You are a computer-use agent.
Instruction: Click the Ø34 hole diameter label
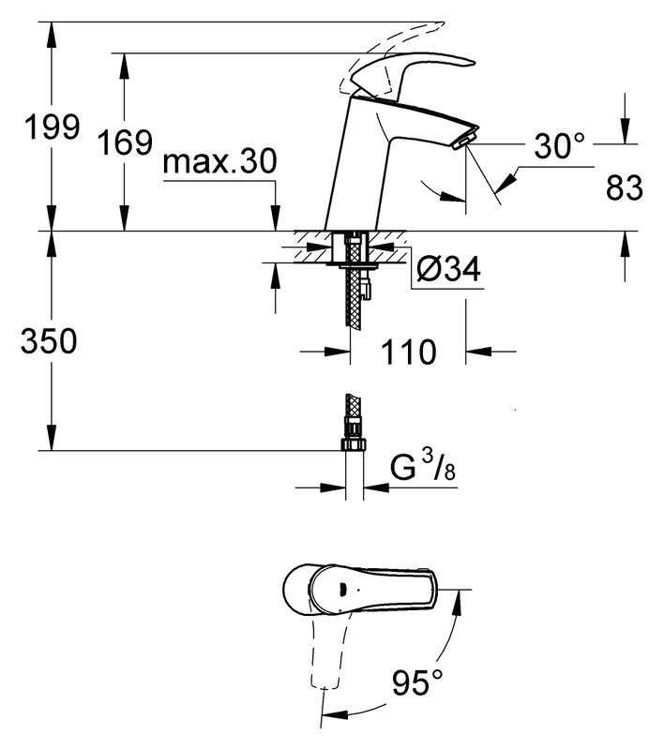(446, 272)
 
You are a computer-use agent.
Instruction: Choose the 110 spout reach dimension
(408, 352)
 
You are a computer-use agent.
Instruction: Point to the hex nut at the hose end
(353, 439)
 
